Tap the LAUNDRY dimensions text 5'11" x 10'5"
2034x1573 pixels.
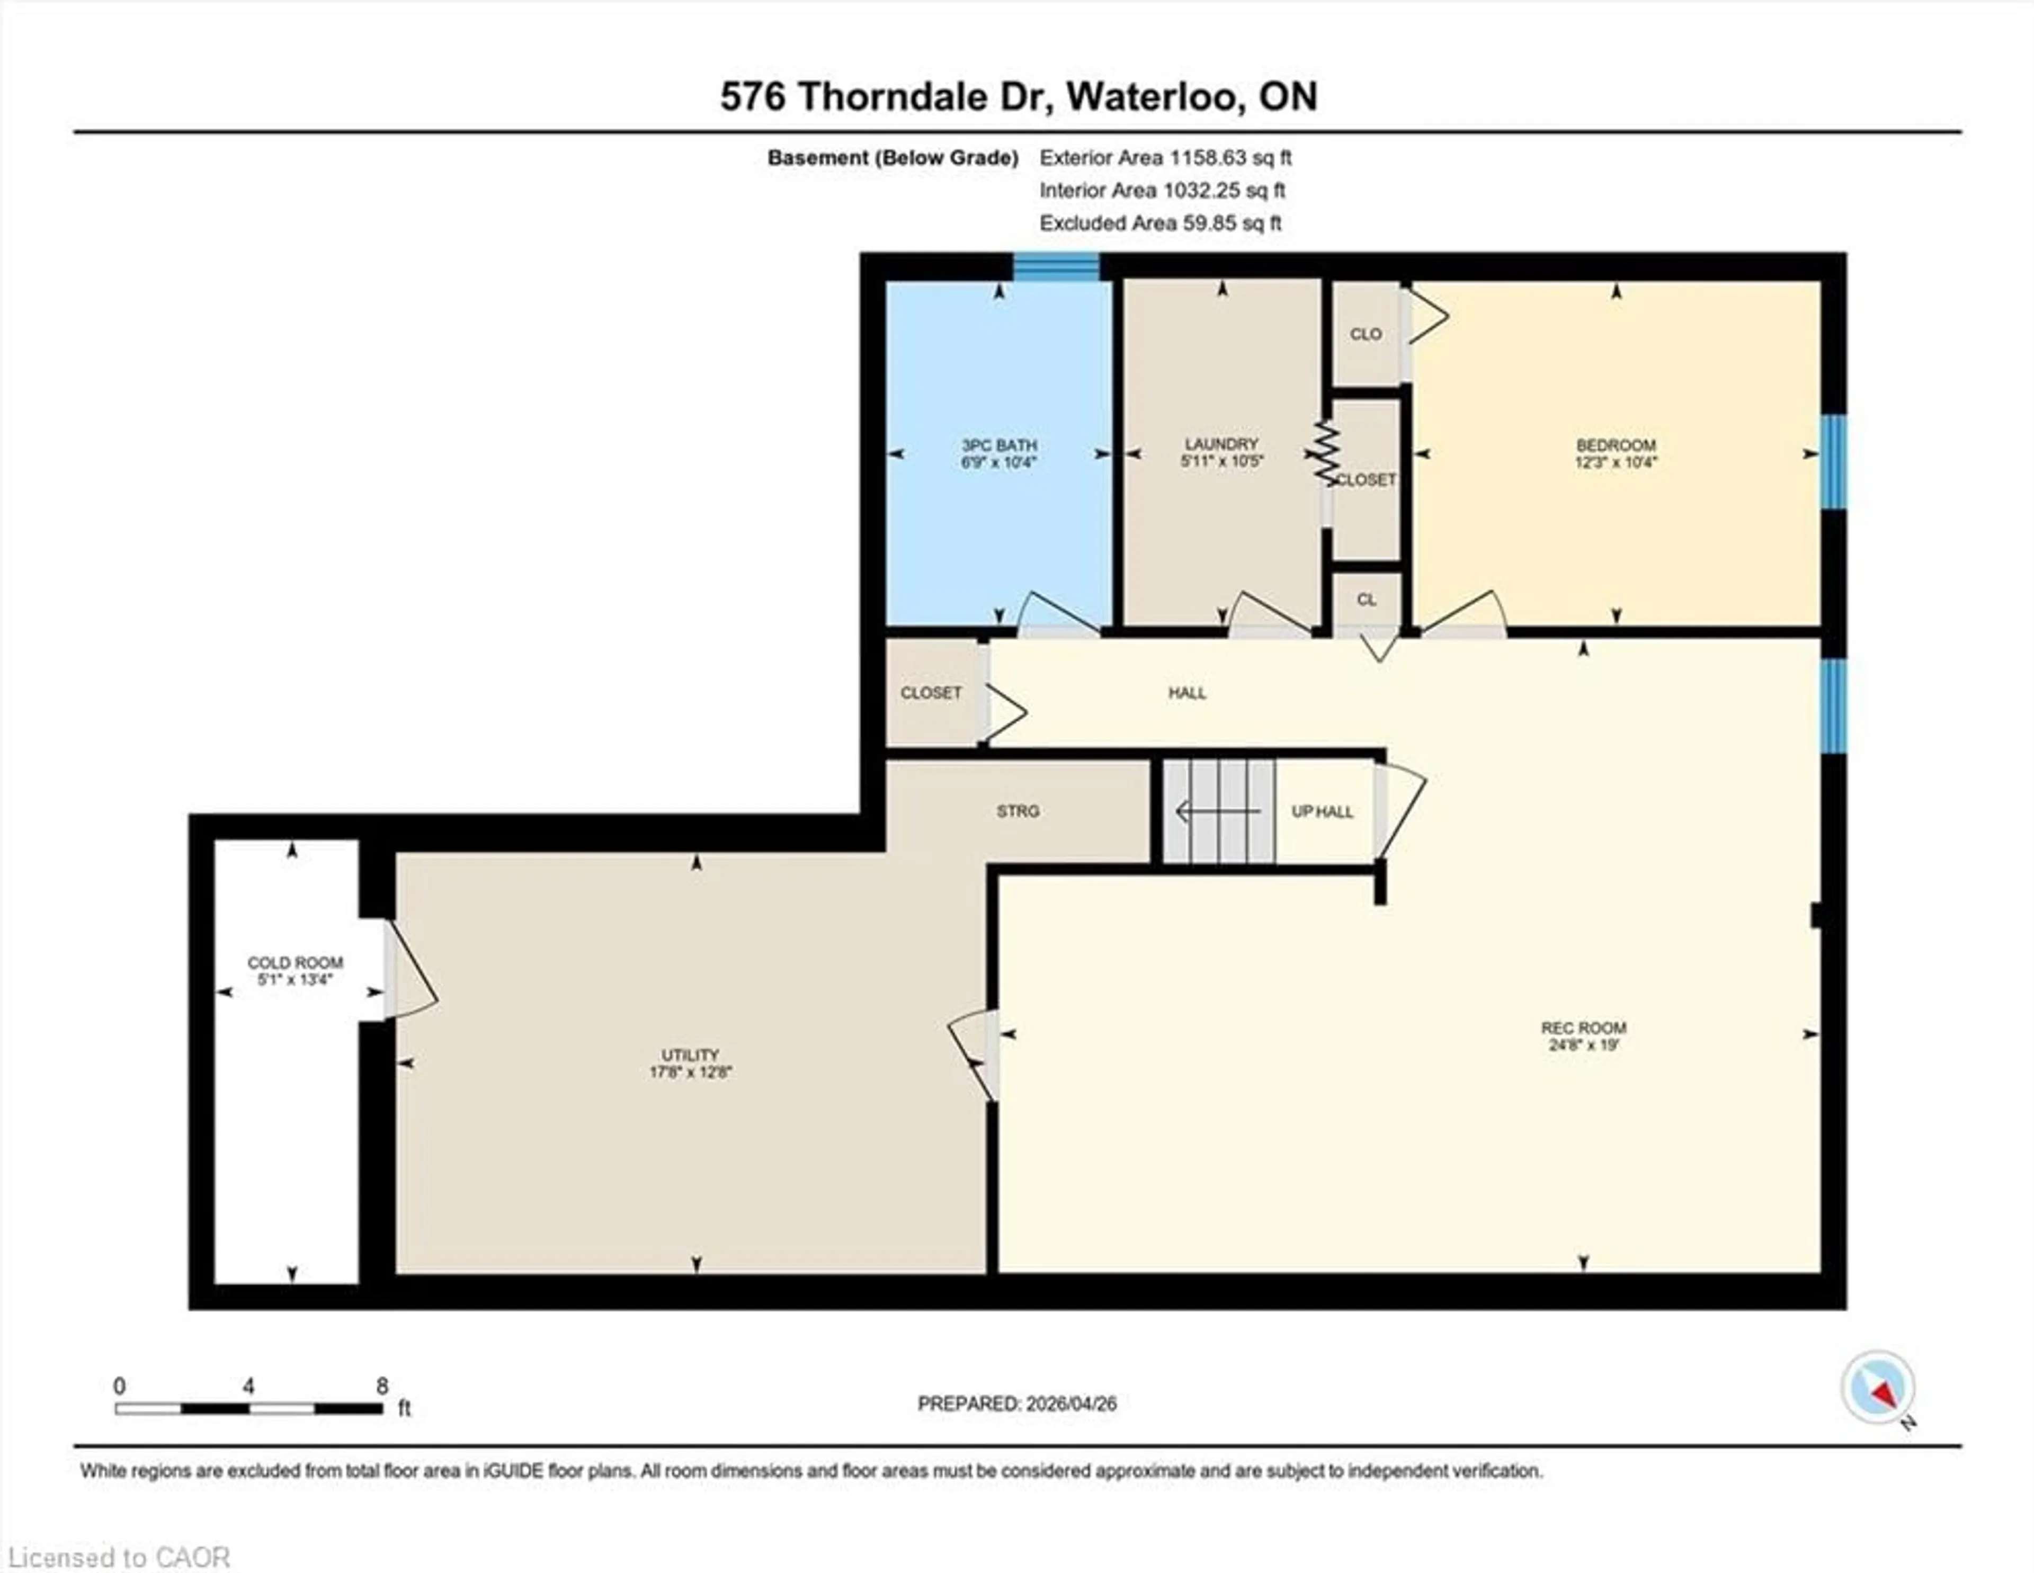coord(1221,461)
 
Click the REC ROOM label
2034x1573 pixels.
coord(1583,1028)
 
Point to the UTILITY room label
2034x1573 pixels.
coord(690,1055)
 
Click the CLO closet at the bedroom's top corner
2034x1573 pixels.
coord(1366,334)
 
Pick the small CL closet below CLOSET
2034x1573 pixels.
coord(1366,600)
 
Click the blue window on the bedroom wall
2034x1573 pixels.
coord(1833,462)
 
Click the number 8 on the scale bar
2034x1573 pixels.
coord(382,1386)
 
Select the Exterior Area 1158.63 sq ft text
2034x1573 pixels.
coord(1165,157)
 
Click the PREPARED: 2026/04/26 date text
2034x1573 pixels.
coord(1017,1404)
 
